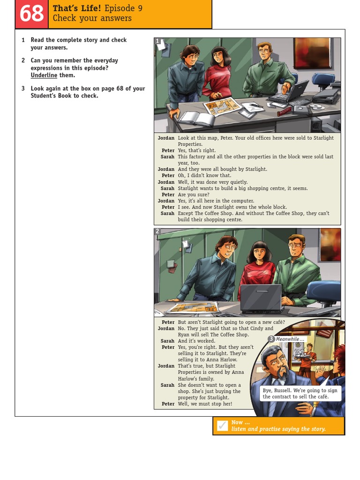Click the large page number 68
pyautogui.click(x=31, y=14)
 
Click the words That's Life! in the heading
pyautogui.click(x=76, y=8)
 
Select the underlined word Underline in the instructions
pyautogui.click(x=44, y=75)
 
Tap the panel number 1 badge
pyautogui.click(x=157, y=41)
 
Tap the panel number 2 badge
pyautogui.click(x=157, y=231)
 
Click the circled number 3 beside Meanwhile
pyautogui.click(x=271, y=339)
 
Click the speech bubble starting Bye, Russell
pyautogui.click(x=300, y=393)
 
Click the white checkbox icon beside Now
pyautogui.click(x=223, y=426)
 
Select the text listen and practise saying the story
pyautogui.click(x=278, y=429)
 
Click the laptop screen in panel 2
pyautogui.click(x=261, y=298)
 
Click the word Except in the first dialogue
pyautogui.click(x=186, y=214)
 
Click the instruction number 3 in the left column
pyautogui.click(x=23, y=89)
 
